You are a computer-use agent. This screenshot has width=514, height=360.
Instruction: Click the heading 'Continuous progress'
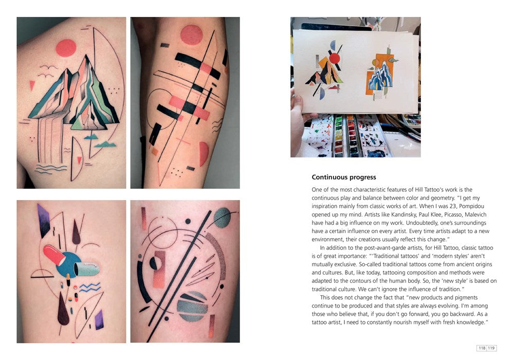point(343,177)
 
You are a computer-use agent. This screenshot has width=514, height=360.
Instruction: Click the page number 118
point(482,348)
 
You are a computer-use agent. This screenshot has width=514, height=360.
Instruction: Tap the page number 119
point(491,348)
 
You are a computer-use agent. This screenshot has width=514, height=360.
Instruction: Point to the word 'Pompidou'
point(472,206)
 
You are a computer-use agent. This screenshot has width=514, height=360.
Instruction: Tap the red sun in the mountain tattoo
point(66,48)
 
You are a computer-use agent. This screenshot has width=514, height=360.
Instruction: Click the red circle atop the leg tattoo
point(191,35)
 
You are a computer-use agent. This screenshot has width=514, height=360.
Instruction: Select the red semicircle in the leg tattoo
point(203,154)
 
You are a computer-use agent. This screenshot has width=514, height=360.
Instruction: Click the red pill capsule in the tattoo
point(54,255)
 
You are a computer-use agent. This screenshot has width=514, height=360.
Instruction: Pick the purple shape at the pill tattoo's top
point(43,220)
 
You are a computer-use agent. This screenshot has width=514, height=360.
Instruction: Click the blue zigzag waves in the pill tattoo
point(90,287)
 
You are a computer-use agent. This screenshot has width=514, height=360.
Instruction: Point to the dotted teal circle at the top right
point(222,217)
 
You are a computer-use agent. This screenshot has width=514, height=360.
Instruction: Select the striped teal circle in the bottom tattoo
point(192,306)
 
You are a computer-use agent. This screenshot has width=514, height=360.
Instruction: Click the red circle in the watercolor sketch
point(335,58)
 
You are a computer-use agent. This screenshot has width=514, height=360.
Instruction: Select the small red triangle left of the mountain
point(32,85)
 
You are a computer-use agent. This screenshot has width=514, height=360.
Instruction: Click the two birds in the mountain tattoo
point(48,71)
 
